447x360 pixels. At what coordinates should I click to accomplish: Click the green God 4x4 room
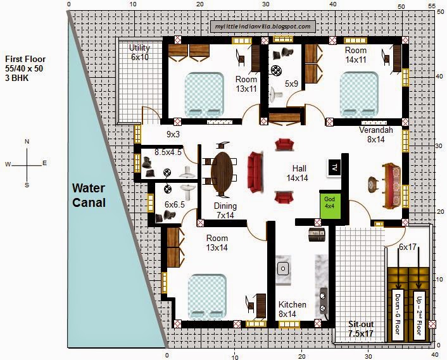(x=330, y=204)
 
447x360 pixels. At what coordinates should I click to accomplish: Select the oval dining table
(x=222, y=173)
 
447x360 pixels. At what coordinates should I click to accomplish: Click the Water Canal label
(x=89, y=196)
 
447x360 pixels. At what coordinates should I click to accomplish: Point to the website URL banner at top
(x=263, y=27)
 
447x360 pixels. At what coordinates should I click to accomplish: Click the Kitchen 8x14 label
(x=292, y=309)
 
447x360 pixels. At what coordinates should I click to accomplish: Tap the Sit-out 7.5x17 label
(x=361, y=328)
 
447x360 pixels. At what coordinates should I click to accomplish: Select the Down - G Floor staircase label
(x=398, y=314)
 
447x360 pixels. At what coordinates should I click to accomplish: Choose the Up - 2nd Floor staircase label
(x=419, y=315)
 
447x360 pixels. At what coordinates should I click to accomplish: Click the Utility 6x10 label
(x=140, y=53)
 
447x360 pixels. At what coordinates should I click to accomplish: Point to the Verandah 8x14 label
(x=375, y=135)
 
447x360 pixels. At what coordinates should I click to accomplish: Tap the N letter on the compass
(x=27, y=142)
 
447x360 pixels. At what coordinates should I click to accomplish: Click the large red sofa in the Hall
(x=255, y=172)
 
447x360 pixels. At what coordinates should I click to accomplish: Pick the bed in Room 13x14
(x=208, y=297)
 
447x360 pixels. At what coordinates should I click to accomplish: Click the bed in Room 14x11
(x=360, y=94)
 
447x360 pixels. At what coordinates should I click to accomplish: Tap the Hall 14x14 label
(x=298, y=173)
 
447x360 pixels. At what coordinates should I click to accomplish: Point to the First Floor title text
(x=25, y=59)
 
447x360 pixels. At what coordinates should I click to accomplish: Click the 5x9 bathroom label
(x=291, y=84)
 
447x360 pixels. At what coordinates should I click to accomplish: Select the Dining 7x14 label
(x=225, y=211)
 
